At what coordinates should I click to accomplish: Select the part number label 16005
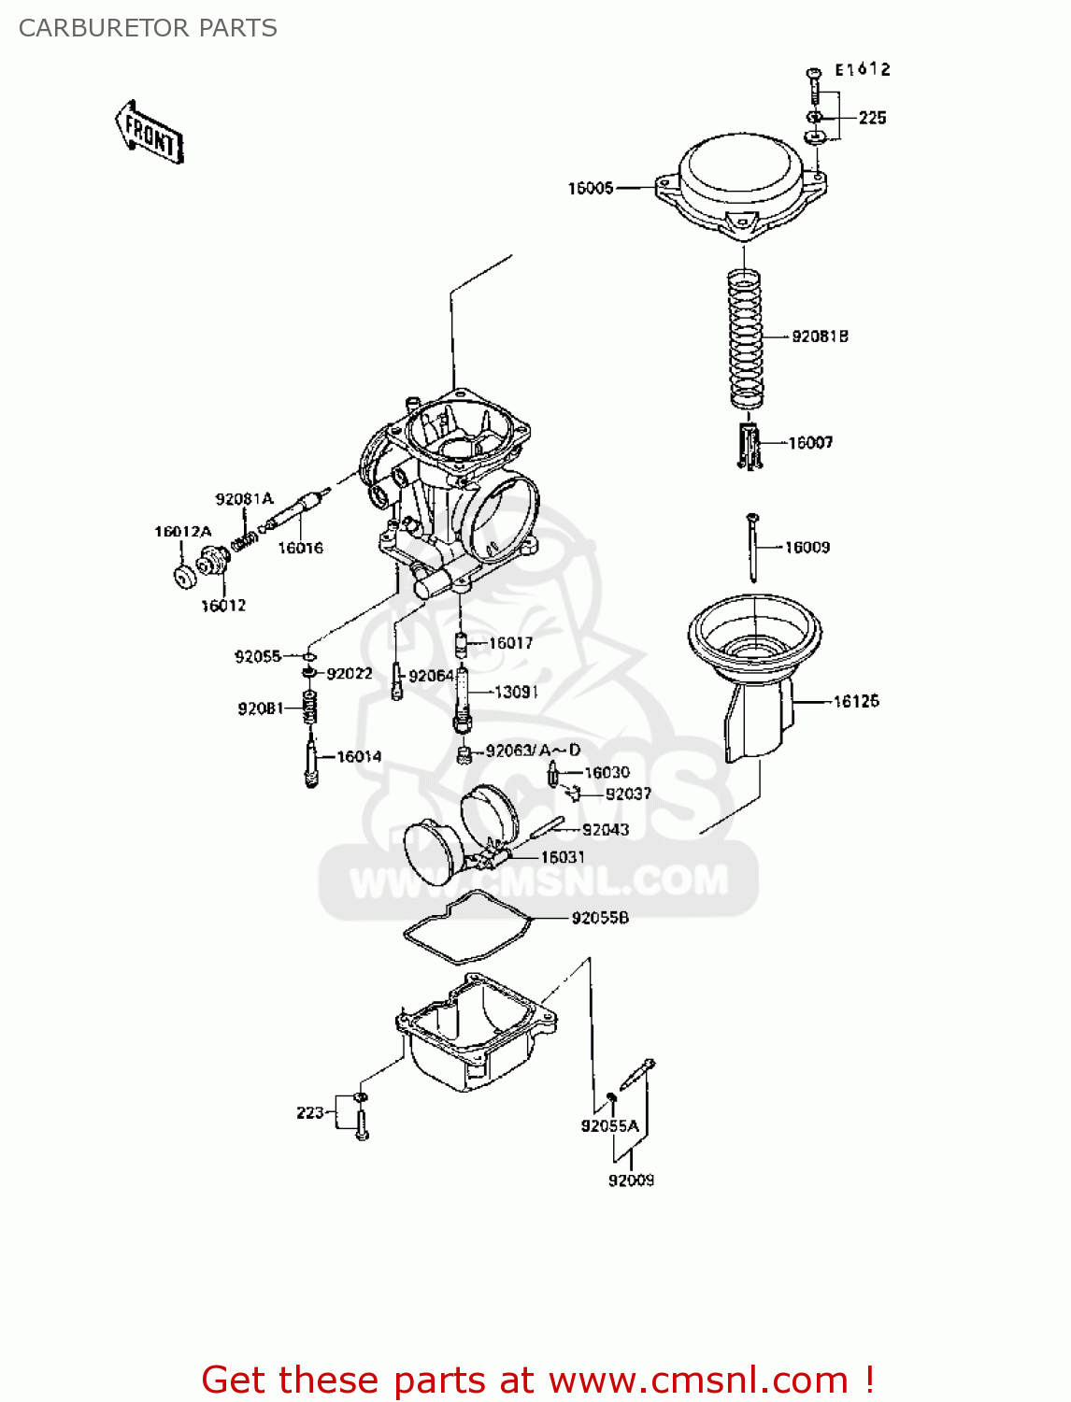(x=591, y=188)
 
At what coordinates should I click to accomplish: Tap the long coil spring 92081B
(x=745, y=338)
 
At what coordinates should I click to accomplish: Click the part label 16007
(x=810, y=443)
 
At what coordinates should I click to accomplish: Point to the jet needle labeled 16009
(x=751, y=548)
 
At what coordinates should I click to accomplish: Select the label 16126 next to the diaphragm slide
(x=856, y=701)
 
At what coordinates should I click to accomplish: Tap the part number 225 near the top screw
(x=872, y=118)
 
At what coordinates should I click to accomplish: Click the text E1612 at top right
(x=862, y=69)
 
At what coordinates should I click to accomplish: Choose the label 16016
(x=300, y=549)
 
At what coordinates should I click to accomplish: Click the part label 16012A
(x=183, y=532)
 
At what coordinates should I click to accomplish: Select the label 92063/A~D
(x=533, y=751)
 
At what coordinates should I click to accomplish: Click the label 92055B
(x=600, y=918)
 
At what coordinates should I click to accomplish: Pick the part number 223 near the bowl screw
(x=309, y=1112)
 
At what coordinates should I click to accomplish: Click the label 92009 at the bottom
(x=631, y=1180)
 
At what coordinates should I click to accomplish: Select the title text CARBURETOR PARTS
(x=148, y=28)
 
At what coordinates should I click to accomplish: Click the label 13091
(x=516, y=693)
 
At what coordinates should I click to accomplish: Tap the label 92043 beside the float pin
(x=606, y=830)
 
